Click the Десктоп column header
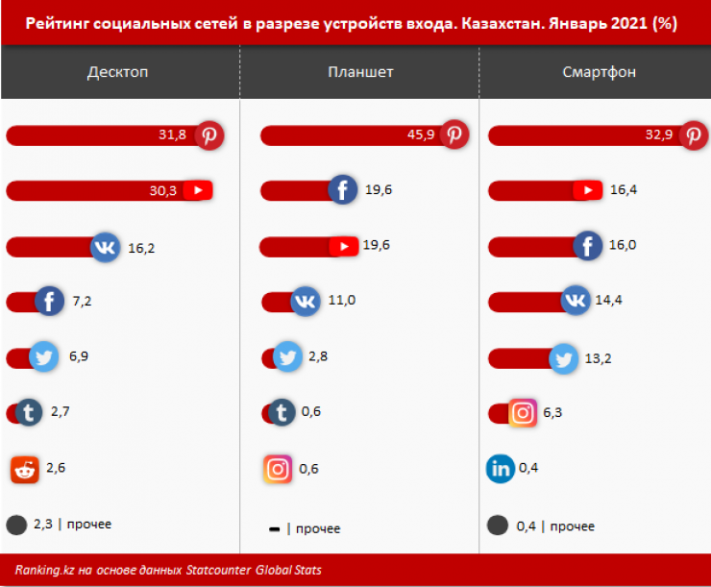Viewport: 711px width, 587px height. coord(117,72)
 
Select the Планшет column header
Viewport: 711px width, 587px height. coord(360,72)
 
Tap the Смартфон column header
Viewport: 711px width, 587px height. coord(600,72)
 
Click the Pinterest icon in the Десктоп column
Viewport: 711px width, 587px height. coord(209,135)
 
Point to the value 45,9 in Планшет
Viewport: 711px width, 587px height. coord(421,135)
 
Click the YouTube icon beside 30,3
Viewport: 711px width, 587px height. coord(197,190)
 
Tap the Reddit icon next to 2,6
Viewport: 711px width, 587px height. coord(25,469)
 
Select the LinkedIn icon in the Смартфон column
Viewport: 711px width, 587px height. coord(501,469)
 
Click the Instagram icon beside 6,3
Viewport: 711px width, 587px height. coord(523,413)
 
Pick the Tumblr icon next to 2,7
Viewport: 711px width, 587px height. coord(30,413)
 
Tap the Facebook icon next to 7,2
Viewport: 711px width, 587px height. coord(49,302)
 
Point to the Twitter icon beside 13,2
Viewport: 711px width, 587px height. coord(564,358)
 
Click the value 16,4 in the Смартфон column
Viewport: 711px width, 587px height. coord(624,190)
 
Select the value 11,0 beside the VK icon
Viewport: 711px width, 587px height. coord(342,301)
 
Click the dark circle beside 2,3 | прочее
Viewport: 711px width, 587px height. coord(16,525)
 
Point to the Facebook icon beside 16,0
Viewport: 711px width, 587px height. coord(587,246)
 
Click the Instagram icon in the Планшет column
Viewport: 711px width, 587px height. coord(278,469)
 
